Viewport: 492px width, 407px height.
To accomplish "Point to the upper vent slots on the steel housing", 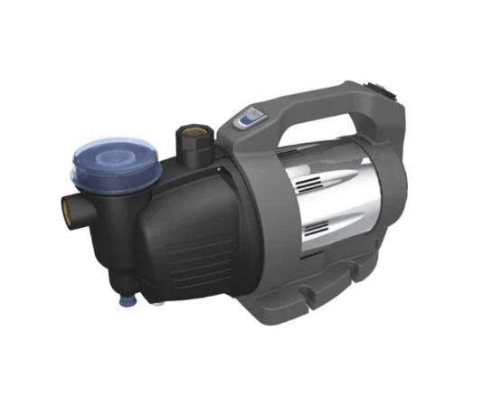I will pos(311,180).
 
